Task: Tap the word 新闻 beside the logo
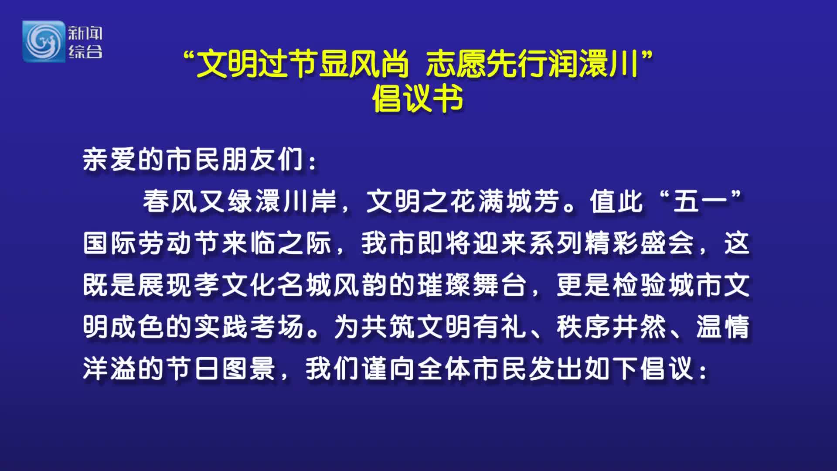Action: tap(85, 33)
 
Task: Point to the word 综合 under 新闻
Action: tap(85, 52)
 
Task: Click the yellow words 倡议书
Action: tap(417, 99)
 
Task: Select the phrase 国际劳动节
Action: tap(152, 243)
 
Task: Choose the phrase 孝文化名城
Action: tap(263, 285)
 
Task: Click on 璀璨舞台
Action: tap(471, 285)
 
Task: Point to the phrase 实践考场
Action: tap(249, 327)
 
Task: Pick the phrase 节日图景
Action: tap(221, 369)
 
